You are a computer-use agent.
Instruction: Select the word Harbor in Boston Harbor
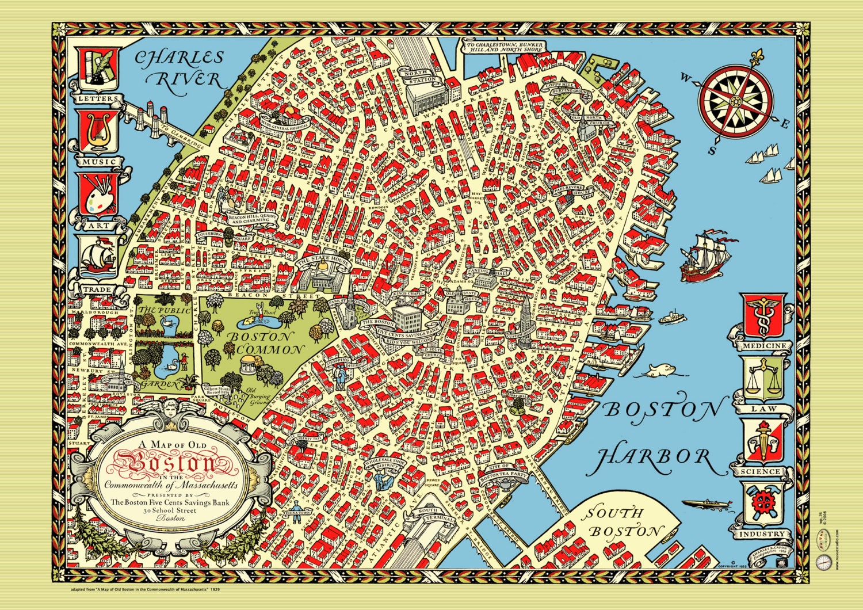(x=653, y=457)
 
